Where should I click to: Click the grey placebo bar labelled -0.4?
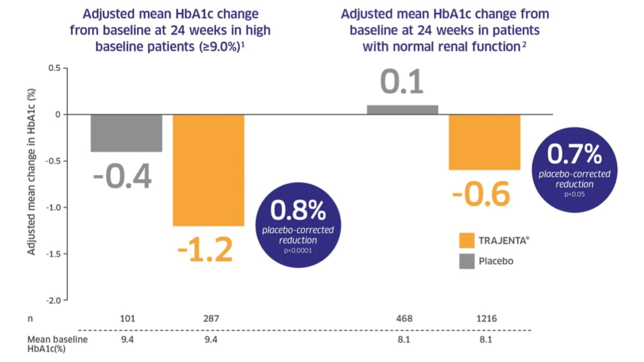point(126,133)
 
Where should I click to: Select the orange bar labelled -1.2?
point(208,170)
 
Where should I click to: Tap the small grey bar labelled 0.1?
point(402,110)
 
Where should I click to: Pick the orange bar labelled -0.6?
point(484,142)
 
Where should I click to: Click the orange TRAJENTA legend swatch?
point(467,240)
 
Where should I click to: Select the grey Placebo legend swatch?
point(467,261)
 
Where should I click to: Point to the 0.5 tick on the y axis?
point(54,68)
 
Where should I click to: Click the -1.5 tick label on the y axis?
point(54,254)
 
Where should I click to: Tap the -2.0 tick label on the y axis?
point(54,300)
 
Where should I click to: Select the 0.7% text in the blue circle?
point(574,154)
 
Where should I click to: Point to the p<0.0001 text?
point(298,251)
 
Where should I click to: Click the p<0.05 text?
point(574,194)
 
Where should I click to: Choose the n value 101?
point(128,318)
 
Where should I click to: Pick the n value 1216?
point(486,318)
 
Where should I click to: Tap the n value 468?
point(404,318)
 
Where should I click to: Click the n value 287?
point(211,318)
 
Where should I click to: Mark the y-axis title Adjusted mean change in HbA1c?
point(31,172)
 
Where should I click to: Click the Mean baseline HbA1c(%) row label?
point(57,344)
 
